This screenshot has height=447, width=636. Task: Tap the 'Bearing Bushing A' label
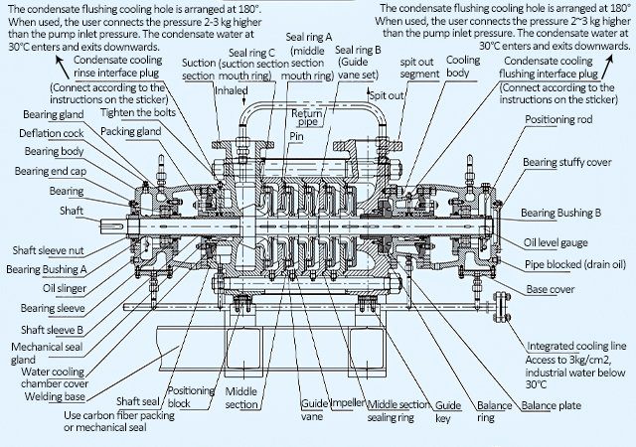click(47, 268)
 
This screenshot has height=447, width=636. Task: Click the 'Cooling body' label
click(462, 69)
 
